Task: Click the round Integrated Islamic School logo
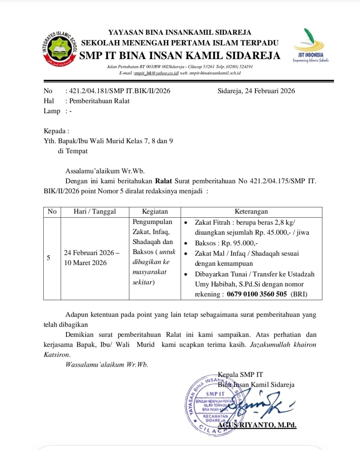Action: [x=60, y=49]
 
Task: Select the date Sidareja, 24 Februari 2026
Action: [x=256, y=91]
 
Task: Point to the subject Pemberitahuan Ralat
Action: [x=99, y=101]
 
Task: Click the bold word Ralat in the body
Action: [x=164, y=181]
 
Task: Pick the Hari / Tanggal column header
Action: [x=94, y=212]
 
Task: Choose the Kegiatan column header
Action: [x=155, y=212]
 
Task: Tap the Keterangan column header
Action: [x=251, y=212]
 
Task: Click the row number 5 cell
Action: [x=48, y=258]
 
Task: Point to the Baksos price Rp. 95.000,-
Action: [x=240, y=243]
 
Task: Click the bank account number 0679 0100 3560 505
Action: [x=257, y=294]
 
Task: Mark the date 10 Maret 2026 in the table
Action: [x=85, y=263]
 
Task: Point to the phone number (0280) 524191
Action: [x=239, y=66]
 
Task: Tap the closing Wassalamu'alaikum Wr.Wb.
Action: [x=107, y=365]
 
